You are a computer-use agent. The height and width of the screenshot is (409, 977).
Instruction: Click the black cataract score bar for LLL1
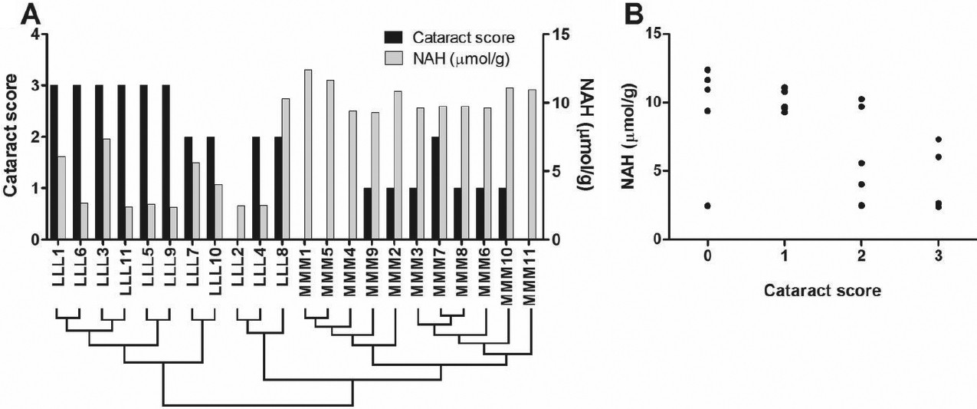tap(53, 162)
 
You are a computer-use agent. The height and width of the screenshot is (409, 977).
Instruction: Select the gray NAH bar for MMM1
tap(308, 154)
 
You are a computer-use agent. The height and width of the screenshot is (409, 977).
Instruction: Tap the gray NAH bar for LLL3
tap(107, 189)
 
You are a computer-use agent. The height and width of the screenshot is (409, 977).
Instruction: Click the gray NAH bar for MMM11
tap(532, 164)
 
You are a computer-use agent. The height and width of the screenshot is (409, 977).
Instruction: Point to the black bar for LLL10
tap(210, 188)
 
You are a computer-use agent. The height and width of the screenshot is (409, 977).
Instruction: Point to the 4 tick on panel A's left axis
tap(34, 35)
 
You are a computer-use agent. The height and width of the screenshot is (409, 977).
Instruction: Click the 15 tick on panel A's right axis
tap(557, 35)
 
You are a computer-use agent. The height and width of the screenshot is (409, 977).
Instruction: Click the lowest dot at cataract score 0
tap(707, 206)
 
